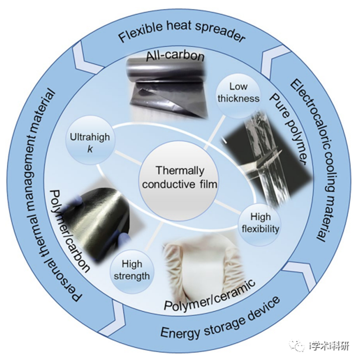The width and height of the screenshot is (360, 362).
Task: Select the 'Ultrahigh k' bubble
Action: [x=90, y=143]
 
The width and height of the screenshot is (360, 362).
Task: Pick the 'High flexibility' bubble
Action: [x=260, y=223]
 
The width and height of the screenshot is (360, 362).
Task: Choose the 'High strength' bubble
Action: [x=132, y=271]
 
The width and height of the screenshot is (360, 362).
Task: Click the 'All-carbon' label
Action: [x=175, y=56]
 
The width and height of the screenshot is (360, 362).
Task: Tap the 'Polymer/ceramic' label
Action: [x=210, y=295]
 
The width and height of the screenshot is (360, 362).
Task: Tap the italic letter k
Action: [x=90, y=149]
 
